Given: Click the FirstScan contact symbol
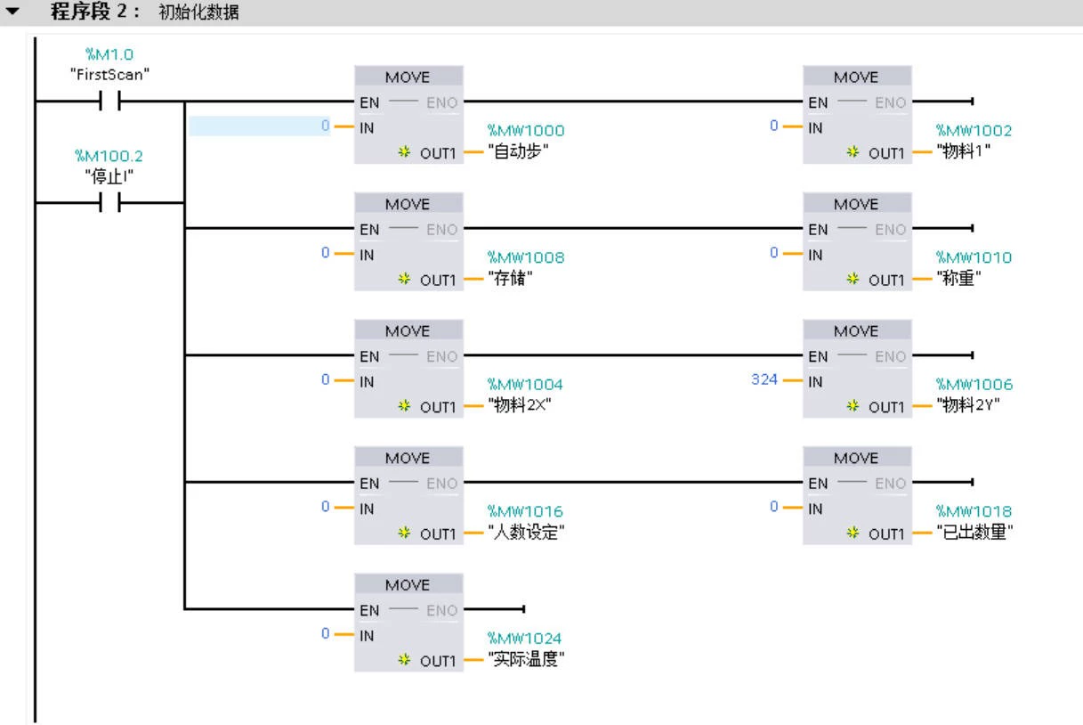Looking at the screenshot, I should pyautogui.click(x=109, y=102).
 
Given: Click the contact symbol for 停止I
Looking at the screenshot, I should pyautogui.click(x=109, y=202).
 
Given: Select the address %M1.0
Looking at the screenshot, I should pyautogui.click(x=109, y=55).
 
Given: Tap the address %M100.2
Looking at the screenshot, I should pyautogui.click(x=109, y=156).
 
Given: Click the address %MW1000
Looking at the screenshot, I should pyautogui.click(x=526, y=131).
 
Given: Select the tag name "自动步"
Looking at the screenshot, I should pyautogui.click(x=519, y=151).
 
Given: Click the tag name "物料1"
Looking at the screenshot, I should pyautogui.click(x=964, y=151).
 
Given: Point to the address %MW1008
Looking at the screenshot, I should pyautogui.click(x=526, y=257).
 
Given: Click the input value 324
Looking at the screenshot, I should pyautogui.click(x=764, y=379).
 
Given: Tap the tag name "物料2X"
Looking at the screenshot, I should pyautogui.click(x=526, y=406).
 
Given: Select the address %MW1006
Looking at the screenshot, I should pyautogui.click(x=974, y=385).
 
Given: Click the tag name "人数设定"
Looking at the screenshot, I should pyautogui.click(x=527, y=533).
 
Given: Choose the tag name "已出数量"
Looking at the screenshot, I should pyautogui.click(x=975, y=533).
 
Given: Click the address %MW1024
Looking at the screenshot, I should pyautogui.click(x=524, y=639).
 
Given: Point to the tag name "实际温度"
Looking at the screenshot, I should pyautogui.click(x=527, y=660).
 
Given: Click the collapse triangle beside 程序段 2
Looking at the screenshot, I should pyautogui.click(x=12, y=12).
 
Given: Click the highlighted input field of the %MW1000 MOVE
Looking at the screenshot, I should pyautogui.click(x=259, y=126).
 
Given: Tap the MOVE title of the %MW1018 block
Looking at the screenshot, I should pyautogui.click(x=856, y=458).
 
